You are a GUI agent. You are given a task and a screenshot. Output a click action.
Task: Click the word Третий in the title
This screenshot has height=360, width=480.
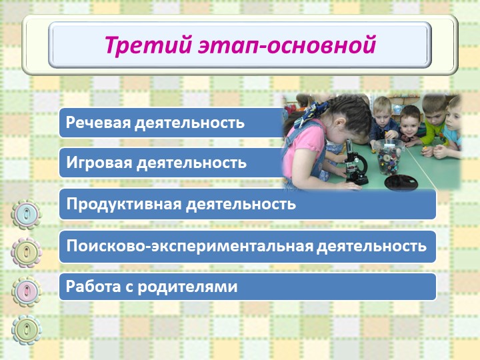coord(148,45)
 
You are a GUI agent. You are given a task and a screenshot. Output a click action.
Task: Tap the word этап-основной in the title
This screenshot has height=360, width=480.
coord(287,45)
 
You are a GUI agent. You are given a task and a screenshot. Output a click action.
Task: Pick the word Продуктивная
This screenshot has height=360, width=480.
coord(124,204)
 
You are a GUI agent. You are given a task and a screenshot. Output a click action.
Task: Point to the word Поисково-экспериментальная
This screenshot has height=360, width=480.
coord(190,246)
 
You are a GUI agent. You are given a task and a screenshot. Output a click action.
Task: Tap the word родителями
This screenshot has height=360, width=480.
coord(187,287)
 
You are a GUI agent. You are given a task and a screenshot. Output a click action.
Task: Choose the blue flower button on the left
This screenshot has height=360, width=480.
coord(26,214)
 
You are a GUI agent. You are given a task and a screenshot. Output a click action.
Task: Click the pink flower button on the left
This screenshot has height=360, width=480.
coord(26,291)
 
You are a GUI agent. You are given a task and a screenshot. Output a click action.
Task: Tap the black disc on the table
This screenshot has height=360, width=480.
coord(401,183)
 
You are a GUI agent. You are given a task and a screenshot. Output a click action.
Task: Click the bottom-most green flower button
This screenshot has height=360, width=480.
coord(26,330)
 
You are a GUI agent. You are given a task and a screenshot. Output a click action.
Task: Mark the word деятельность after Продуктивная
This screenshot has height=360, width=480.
coord(241,204)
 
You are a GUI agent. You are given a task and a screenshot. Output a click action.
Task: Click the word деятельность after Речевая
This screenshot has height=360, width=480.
coord(189,123)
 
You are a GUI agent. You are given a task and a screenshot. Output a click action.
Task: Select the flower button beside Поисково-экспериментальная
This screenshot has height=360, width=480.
coord(26,253)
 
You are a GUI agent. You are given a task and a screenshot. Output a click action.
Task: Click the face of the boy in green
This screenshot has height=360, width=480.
coord(435,113)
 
